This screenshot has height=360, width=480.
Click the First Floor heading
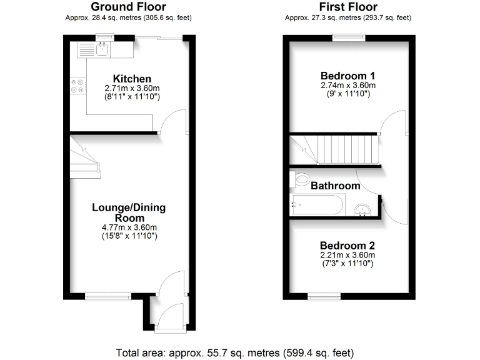tap(347, 7)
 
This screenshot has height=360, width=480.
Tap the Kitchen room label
tap(132, 79)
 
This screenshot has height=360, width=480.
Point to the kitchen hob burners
tap(79, 86)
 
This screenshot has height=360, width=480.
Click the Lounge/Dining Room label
tap(129, 213)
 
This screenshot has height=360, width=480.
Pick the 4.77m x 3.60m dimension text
tap(129, 227)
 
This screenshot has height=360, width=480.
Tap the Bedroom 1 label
tap(347, 75)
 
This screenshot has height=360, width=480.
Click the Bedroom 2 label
tap(347, 246)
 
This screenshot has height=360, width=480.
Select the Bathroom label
tap(336, 186)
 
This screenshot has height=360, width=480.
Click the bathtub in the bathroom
tap(317, 205)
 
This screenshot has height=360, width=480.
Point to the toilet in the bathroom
tap(301, 180)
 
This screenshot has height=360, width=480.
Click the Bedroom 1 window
tap(348, 37)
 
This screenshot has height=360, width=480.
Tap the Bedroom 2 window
tap(324, 296)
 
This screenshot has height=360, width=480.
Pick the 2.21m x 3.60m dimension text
tap(347, 255)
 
